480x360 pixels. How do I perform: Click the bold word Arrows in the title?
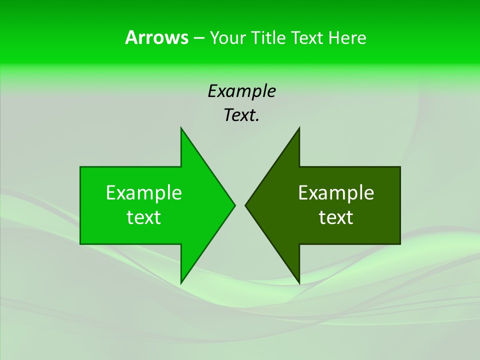coord(156,37)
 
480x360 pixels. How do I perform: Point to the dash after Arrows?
coord(198,38)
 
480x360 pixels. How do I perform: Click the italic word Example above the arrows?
coord(242,91)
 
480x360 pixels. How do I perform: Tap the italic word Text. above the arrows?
coord(242,115)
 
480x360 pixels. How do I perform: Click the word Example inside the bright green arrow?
coord(144,192)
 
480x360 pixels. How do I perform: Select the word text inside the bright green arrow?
coord(144,217)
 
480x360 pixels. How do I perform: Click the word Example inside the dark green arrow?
coord(336,192)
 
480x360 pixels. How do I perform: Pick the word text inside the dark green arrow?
coord(336,217)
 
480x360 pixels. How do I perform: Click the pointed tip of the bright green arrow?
coord(235,205)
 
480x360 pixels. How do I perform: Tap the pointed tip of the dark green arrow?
coord(245,205)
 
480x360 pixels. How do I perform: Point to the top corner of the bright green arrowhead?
coord(181,127)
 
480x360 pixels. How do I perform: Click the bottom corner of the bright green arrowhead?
coord(181,283)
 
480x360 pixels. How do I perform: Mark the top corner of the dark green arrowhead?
coord(299,127)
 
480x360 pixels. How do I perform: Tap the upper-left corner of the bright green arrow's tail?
coord(80,167)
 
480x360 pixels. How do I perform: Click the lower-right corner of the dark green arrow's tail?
coord(400,244)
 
